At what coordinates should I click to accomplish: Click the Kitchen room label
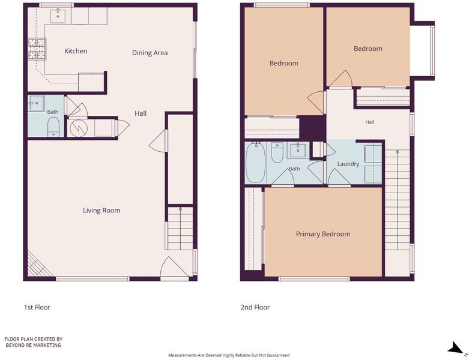[x=76, y=51]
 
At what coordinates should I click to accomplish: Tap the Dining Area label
[x=150, y=53]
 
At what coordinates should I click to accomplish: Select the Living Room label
[x=101, y=211]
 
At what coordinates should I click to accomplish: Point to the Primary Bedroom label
[x=323, y=234]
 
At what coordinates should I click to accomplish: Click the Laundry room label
[x=348, y=164]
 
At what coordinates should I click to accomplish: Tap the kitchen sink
[x=58, y=16]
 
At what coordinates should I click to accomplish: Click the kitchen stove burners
[x=37, y=49]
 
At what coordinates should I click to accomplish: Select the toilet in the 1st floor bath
[x=53, y=127]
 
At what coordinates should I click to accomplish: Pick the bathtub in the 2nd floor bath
[x=255, y=162]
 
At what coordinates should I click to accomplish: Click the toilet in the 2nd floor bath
[x=277, y=152]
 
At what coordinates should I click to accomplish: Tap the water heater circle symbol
[x=78, y=128]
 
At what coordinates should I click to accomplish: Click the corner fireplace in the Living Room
[x=39, y=265]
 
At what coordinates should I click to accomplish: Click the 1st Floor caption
[x=37, y=307]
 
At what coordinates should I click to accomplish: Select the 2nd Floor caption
[x=255, y=307]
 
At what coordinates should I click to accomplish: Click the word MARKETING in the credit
[x=47, y=345]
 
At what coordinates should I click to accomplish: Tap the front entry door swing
[x=174, y=268]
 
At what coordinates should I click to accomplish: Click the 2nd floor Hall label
[x=370, y=122]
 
